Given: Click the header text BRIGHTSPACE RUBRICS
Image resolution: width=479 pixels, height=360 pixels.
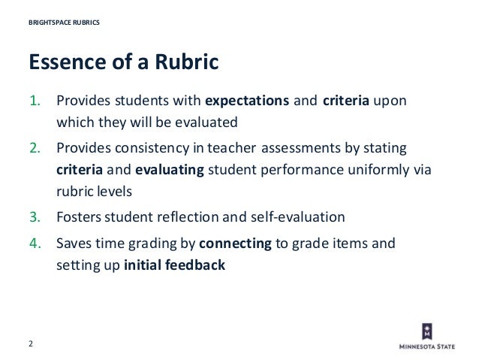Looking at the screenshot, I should point(64,22).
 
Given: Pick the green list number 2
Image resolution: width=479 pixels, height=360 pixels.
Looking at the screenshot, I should point(35,149).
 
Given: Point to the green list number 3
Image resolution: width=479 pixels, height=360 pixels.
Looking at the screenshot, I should point(35,218).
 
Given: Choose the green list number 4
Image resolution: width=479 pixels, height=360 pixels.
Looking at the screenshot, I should point(35,244).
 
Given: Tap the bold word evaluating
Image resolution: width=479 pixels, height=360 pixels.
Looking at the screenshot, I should point(170,170).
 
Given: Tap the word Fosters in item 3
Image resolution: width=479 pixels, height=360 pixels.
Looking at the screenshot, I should point(80,218).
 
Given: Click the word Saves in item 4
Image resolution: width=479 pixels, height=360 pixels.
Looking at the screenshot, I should point(74,244).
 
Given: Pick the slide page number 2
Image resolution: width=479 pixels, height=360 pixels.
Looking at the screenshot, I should point(31,343).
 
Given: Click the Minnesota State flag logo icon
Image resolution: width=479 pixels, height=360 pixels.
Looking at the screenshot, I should point(426,331).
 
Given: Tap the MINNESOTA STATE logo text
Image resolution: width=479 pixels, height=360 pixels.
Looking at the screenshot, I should point(427,347).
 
